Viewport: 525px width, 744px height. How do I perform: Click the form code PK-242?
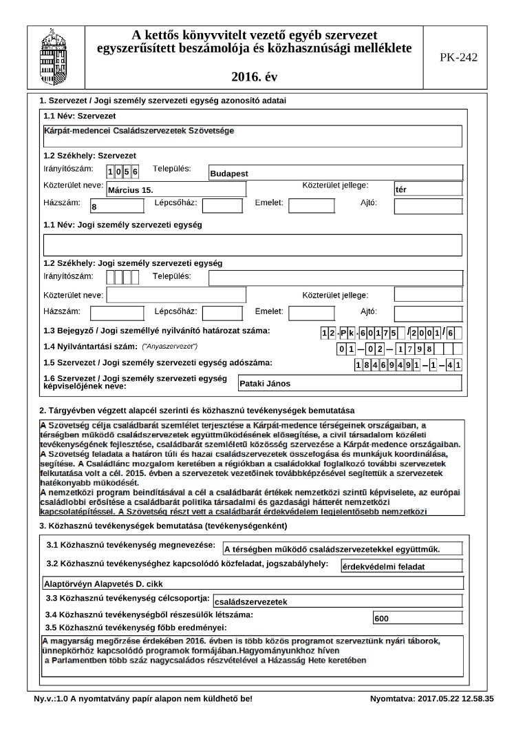pos(458,58)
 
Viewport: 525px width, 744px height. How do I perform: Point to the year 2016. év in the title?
pos(255,76)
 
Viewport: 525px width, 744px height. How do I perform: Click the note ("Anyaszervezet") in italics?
pos(169,346)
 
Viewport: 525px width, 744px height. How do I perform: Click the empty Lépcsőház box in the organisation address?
pos(222,205)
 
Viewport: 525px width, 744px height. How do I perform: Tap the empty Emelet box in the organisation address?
pos(311,205)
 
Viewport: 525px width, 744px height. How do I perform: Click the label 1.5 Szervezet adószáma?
pos(158,362)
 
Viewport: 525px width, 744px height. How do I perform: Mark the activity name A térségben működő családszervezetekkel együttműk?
pos(332,549)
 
